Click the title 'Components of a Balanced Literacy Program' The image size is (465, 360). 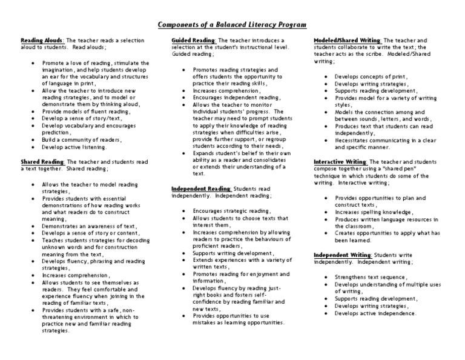[232, 25]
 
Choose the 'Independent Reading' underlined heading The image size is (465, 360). [198, 188]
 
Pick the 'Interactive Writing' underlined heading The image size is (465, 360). [340, 162]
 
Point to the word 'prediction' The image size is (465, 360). [56, 132]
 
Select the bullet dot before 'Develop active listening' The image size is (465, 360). [31, 147]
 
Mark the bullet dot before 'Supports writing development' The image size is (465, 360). [183, 253]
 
